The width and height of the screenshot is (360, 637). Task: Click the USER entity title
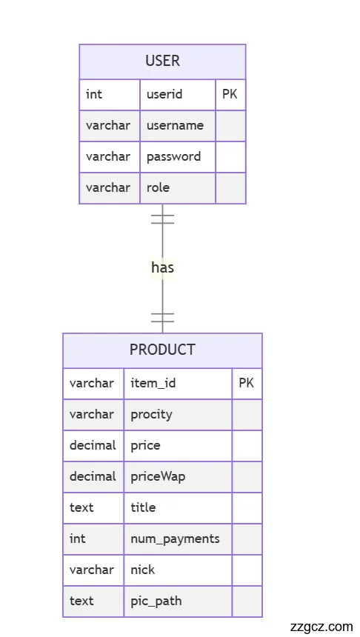[162, 61]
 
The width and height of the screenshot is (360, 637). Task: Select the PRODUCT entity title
[162, 350]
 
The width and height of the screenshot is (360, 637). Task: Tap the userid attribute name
[164, 94]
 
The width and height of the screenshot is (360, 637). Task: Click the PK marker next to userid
[230, 94]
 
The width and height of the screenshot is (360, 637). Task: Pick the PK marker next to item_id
[246, 383]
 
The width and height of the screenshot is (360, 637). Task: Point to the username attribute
[175, 125]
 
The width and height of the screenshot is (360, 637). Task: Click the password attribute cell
[173, 156]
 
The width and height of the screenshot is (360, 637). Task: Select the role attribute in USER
[158, 187]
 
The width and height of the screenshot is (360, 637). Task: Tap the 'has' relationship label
[162, 267]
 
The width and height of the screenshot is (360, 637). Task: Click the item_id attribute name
[153, 383]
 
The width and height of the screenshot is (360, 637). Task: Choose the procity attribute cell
[151, 414]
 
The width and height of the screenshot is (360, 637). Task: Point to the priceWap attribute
[158, 476]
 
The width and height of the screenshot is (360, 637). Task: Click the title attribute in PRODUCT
[143, 507]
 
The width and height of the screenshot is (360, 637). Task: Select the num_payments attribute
[175, 538]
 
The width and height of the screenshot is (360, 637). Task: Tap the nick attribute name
[143, 570]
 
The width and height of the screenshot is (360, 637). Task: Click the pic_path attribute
[156, 601]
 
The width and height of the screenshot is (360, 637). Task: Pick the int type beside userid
[94, 94]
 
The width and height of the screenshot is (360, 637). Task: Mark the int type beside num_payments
[78, 538]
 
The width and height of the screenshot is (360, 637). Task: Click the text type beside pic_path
[81, 601]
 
